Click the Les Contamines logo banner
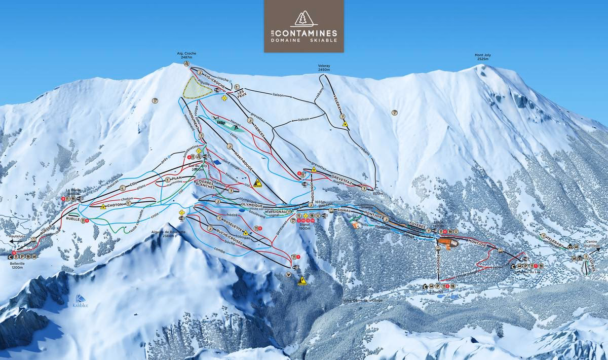tap(303, 26)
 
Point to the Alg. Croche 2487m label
tap(186, 55)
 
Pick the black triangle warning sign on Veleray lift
tap(345, 123)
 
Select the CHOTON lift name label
tap(115, 205)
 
